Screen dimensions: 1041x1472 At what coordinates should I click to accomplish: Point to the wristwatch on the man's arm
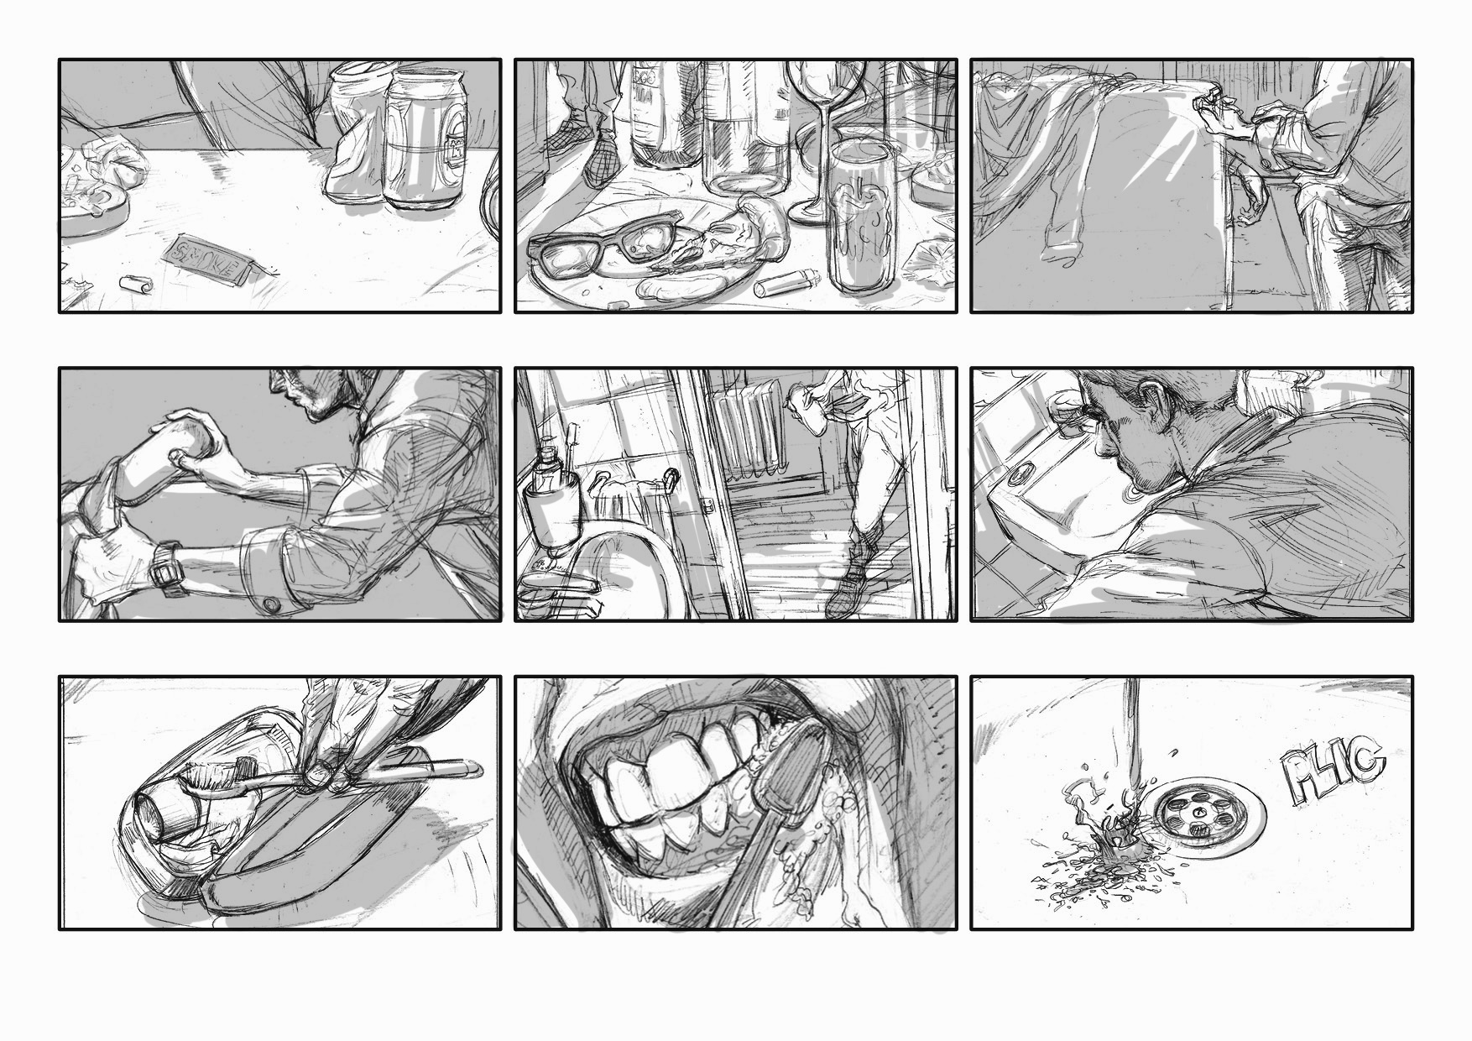pos(168,568)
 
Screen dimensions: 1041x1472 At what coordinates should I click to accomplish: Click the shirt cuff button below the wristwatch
pos(272,604)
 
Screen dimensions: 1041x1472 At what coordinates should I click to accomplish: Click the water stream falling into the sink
pos(1130,739)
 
